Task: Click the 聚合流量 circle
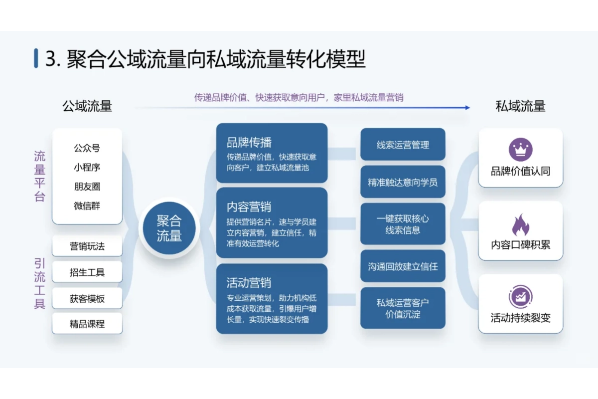pos(169,228)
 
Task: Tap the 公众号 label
pos(87,148)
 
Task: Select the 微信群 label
pos(87,205)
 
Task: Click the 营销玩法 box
pos(87,246)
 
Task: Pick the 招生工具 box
pos(87,272)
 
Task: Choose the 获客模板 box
pos(87,299)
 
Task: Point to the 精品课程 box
pos(87,324)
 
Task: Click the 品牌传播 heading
pos(249,142)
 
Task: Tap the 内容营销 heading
pos(249,206)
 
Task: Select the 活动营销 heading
pos(249,283)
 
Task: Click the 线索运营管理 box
pos(403,145)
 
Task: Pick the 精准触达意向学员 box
pos(403,182)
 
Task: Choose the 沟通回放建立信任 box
pos(403,266)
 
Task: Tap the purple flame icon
pos(520,225)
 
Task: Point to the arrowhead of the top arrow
pos(467,107)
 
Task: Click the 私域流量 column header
pos(520,106)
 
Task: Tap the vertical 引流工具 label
pos(40,283)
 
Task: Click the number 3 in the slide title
pos(50,59)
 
